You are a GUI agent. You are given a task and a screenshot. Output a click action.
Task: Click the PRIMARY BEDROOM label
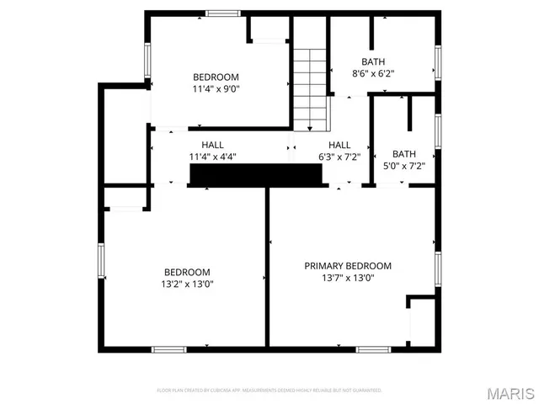[348, 266]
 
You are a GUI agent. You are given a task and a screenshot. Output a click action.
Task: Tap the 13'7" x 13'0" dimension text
[348, 278]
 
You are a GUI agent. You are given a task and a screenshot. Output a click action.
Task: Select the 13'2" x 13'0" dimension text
[187, 284]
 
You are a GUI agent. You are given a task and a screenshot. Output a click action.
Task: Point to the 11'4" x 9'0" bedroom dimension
[216, 88]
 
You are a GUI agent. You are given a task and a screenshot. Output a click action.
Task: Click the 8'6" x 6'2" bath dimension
[373, 73]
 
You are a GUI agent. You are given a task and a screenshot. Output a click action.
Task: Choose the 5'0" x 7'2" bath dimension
[404, 166]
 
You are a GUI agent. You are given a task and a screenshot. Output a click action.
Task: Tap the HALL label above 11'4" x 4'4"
[212, 145]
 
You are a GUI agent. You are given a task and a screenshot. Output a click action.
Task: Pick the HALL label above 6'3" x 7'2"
[339, 145]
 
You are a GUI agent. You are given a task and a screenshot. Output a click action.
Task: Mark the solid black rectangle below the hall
[256, 174]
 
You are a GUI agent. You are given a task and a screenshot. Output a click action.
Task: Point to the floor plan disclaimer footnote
[269, 391]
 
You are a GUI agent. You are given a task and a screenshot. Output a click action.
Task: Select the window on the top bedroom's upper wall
[222, 13]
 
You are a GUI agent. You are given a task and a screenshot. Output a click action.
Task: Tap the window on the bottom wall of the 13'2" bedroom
[168, 348]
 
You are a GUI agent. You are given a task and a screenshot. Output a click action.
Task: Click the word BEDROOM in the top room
[216, 76]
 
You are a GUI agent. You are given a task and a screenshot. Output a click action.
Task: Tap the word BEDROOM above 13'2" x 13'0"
[187, 272]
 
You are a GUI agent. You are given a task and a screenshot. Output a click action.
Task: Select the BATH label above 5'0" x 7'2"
[404, 154]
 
